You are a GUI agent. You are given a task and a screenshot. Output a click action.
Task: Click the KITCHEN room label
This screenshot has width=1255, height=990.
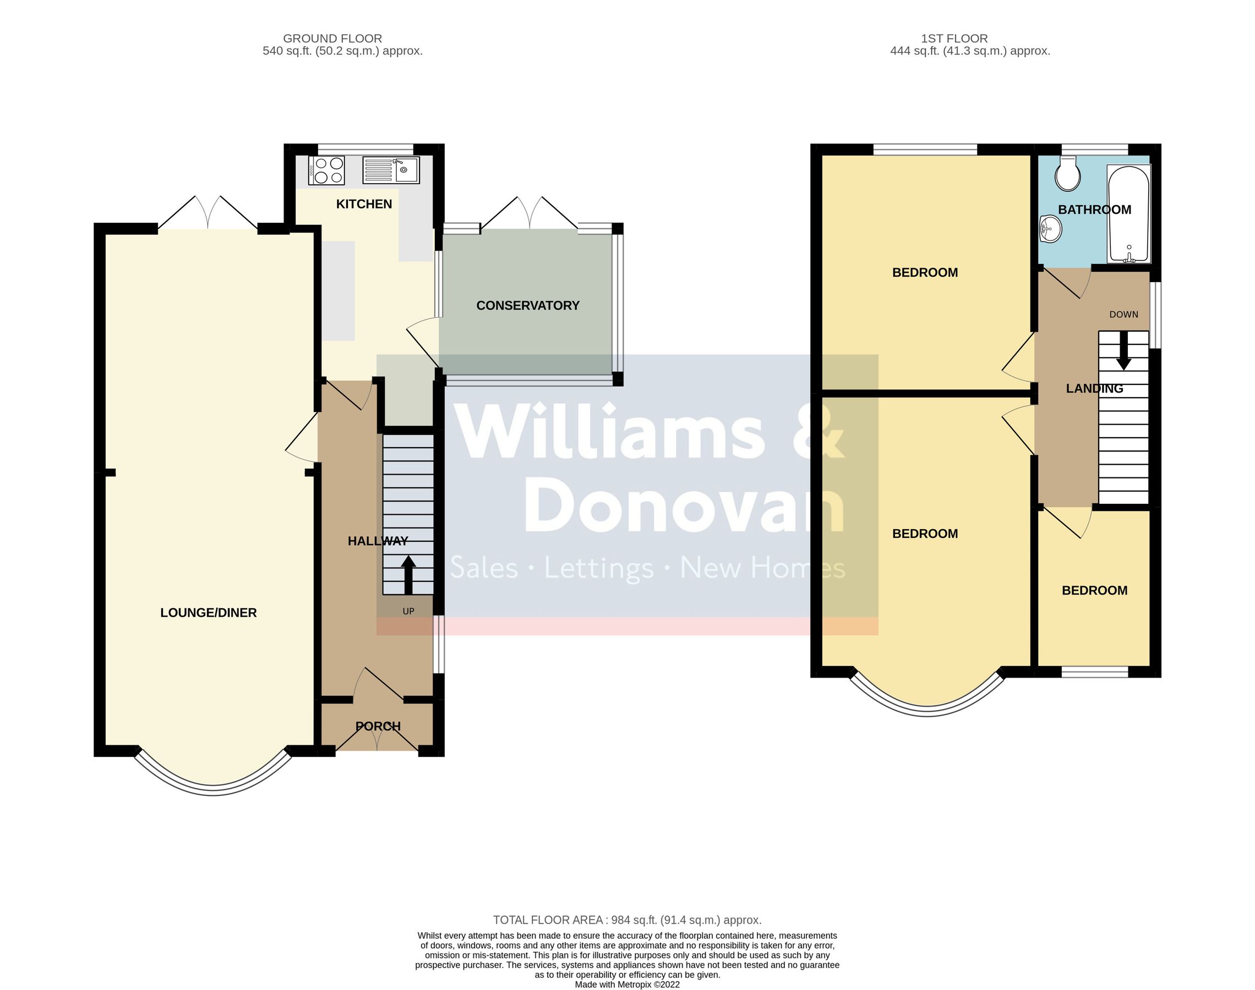pos(364,204)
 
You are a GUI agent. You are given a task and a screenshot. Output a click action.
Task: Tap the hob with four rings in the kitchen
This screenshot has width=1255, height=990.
pos(326,170)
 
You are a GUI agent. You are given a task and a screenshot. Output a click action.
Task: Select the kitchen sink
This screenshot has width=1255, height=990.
pos(391,170)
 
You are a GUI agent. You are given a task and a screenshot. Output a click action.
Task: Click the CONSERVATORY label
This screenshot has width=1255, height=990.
pos(528,305)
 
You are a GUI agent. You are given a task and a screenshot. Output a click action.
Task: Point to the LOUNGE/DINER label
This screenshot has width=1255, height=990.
pos(209,613)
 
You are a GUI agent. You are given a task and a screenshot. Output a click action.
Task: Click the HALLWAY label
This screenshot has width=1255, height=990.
pos(378,541)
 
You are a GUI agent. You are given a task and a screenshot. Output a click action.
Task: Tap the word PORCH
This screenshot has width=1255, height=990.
pos(378,726)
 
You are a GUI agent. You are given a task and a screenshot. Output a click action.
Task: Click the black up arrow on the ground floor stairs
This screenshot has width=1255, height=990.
pos(408,575)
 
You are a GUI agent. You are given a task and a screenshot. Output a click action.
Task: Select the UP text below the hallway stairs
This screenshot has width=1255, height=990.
pos(408,611)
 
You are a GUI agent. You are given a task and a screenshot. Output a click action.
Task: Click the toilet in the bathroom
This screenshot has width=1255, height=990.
pos(1068,174)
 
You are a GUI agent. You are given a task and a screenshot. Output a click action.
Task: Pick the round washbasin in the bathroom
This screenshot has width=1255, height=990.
pos(1050,229)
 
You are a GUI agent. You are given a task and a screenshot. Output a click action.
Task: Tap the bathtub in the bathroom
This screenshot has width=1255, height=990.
pos(1128,213)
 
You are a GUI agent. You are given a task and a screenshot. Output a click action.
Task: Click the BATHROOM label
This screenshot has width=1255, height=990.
pos(1094,210)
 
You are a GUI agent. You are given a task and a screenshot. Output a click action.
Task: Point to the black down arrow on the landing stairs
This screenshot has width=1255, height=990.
pos(1124,351)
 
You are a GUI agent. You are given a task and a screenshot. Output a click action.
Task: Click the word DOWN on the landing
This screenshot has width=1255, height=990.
pos(1124,315)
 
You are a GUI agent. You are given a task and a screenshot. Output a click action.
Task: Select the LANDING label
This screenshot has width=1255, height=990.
pos(1094,388)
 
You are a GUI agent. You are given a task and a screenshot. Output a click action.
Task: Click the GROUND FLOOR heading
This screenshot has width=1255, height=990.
pos(332,38)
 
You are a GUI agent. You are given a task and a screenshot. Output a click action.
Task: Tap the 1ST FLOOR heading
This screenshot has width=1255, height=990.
pos(954,38)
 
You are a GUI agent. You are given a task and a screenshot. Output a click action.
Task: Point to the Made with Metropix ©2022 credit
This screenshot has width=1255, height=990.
pos(627,984)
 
